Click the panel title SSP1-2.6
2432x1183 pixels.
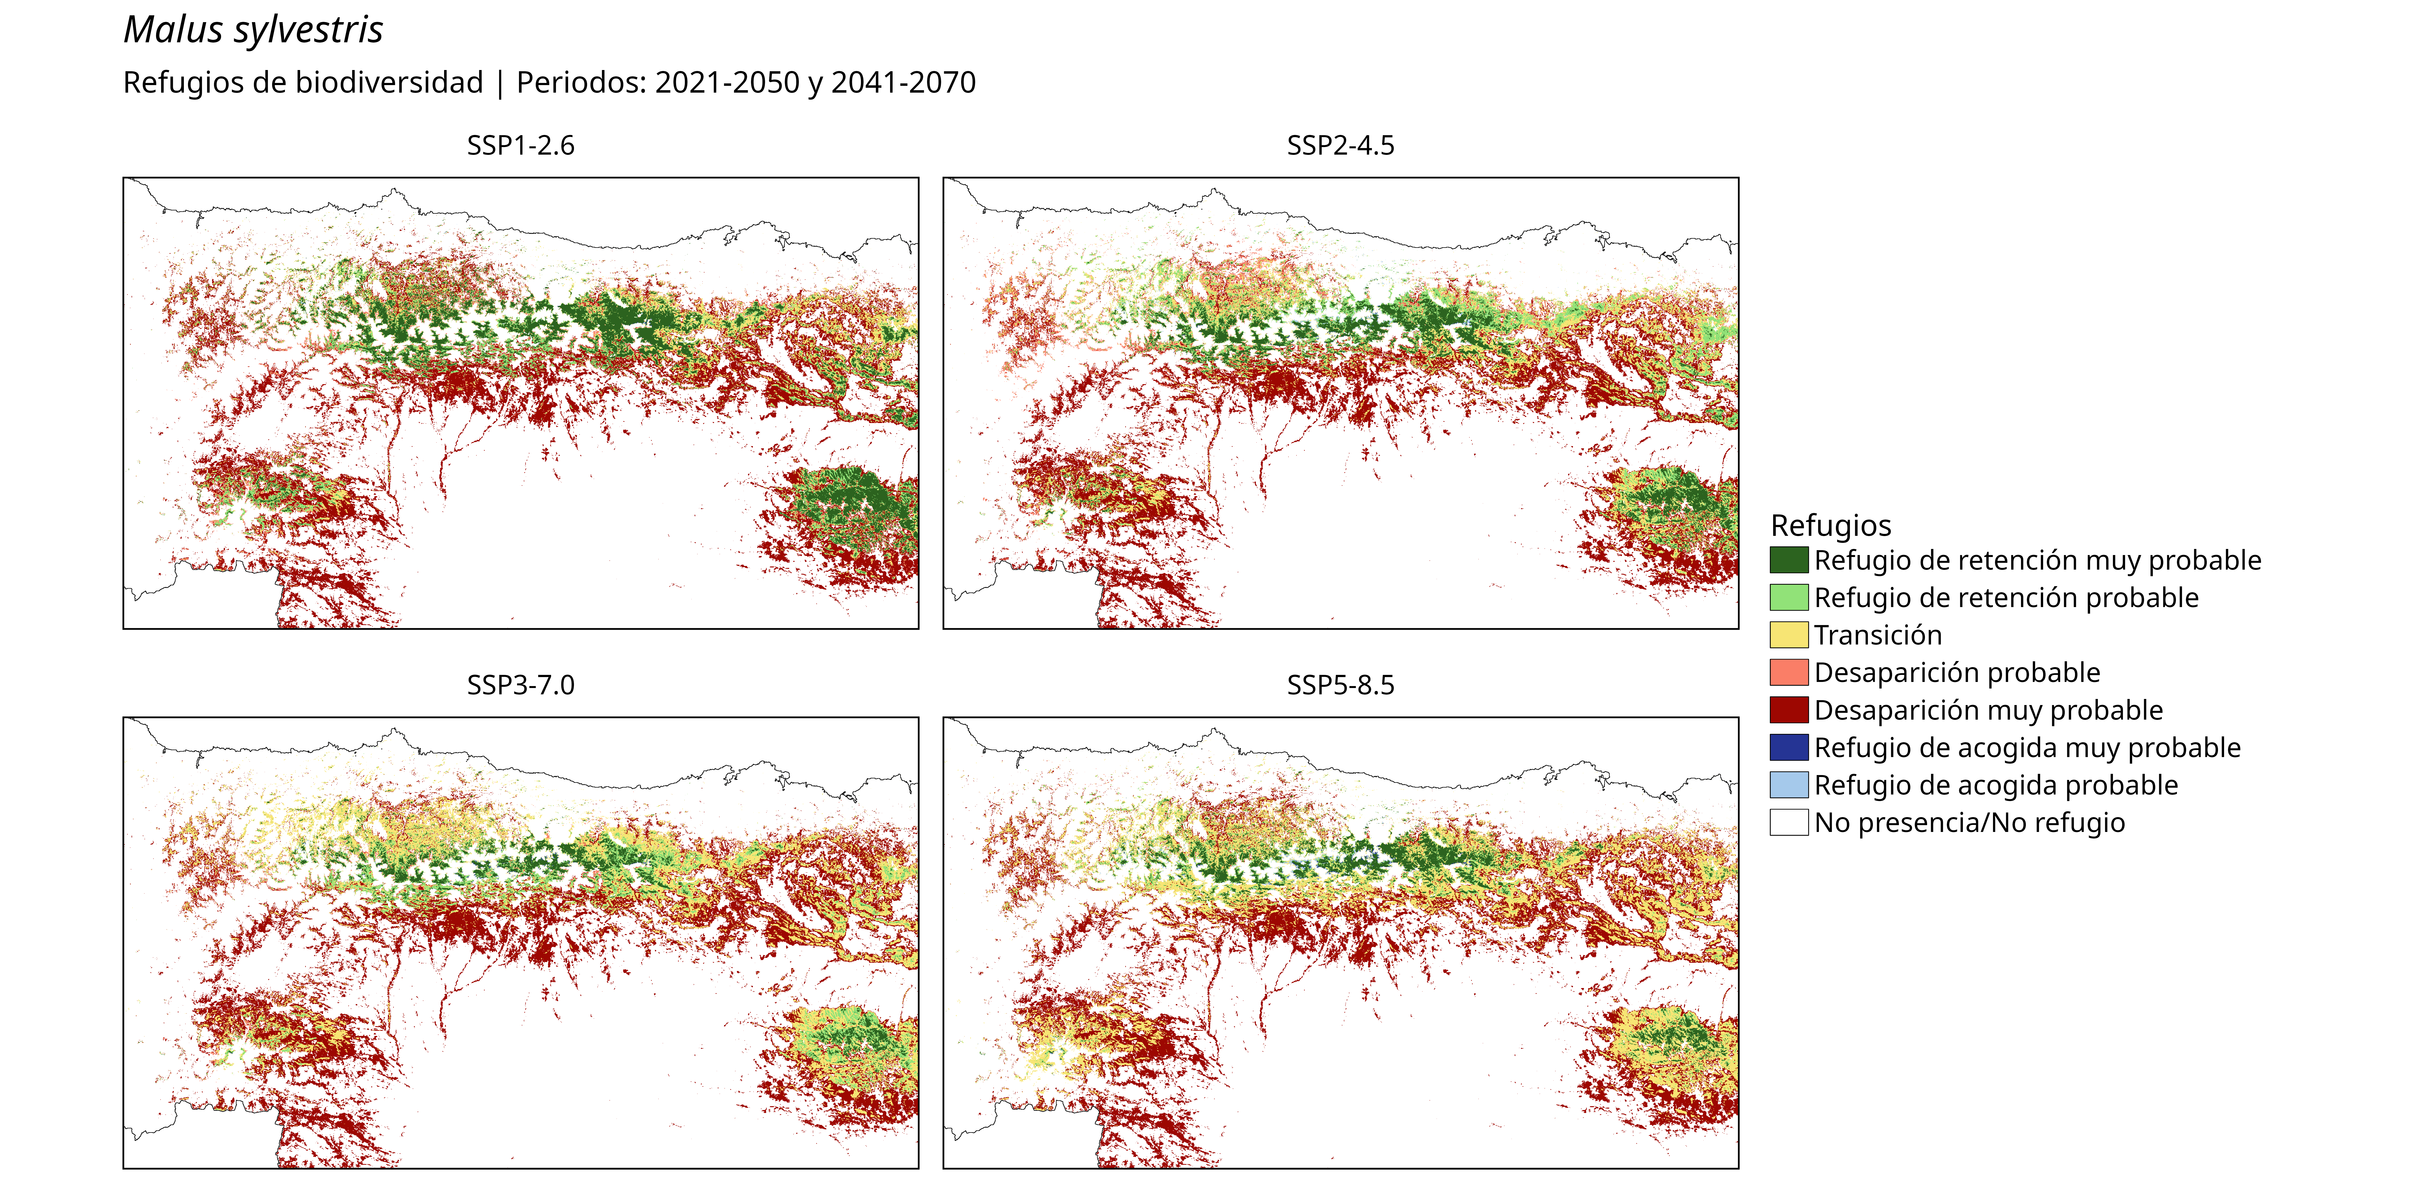pyautogui.click(x=520, y=145)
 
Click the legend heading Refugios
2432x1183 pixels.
pyautogui.click(x=1831, y=525)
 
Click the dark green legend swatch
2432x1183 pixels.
pyautogui.click(x=1789, y=560)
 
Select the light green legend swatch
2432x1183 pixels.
pyautogui.click(x=1789, y=598)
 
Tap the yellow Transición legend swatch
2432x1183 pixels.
pyautogui.click(x=1789, y=635)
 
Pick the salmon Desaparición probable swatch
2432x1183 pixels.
pyautogui.click(x=1789, y=672)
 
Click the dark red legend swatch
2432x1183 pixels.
pyautogui.click(x=1789, y=710)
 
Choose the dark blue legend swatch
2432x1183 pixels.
pyautogui.click(x=1789, y=748)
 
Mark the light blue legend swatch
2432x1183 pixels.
pyautogui.click(x=1789, y=785)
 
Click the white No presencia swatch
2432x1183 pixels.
pyautogui.click(x=1789, y=822)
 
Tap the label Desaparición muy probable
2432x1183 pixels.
pyautogui.click(x=1988, y=710)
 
